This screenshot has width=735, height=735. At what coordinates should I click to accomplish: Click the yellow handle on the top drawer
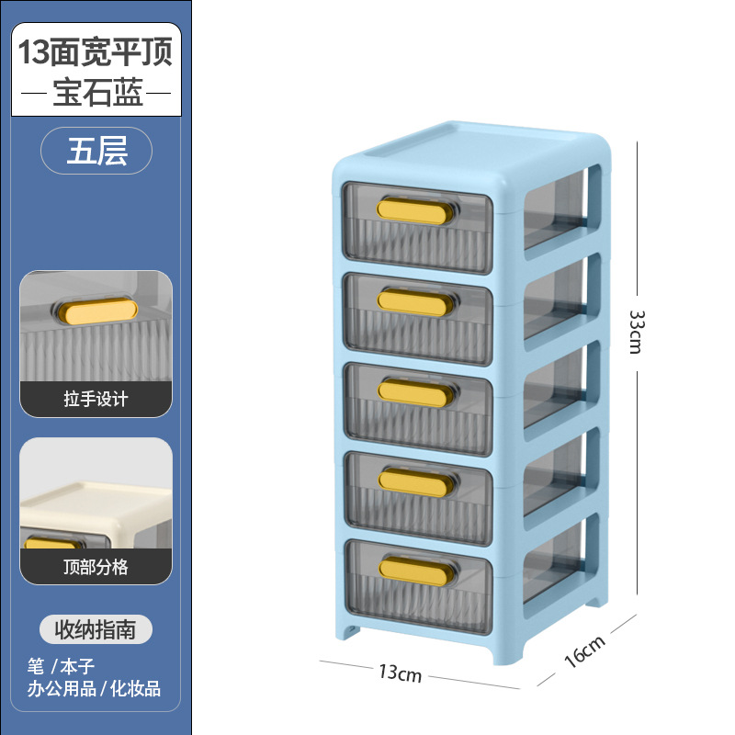point(416,210)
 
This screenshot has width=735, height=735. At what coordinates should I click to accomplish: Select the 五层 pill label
point(96,153)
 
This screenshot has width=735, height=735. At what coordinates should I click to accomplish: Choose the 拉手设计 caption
point(96,399)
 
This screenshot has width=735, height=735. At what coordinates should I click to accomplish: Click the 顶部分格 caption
point(96,567)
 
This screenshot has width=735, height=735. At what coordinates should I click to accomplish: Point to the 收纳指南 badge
point(96,629)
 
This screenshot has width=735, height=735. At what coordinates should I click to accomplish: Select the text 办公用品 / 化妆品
point(95,687)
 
